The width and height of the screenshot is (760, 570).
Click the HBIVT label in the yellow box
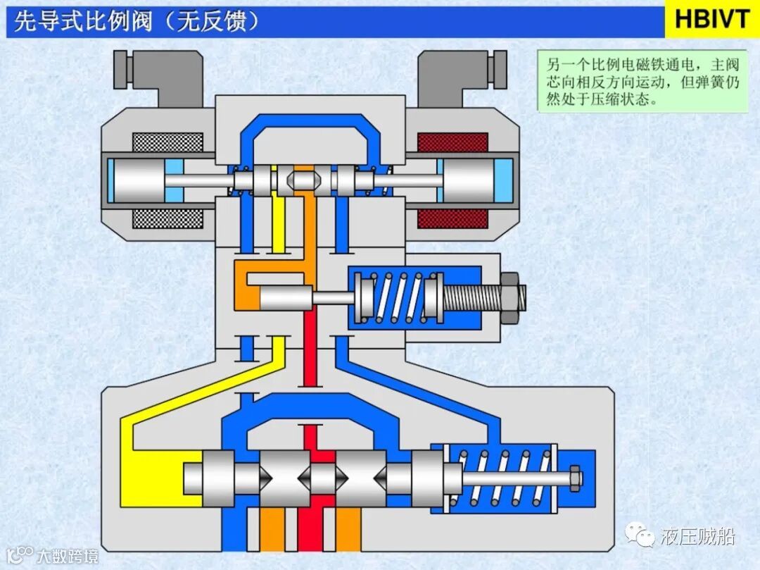coord(711,19)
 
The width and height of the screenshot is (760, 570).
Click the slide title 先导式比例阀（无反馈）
coord(137,21)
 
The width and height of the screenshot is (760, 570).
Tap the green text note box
coord(642,80)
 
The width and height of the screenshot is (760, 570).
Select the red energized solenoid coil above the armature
coord(452,143)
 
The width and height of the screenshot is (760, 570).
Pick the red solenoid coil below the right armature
coord(452,218)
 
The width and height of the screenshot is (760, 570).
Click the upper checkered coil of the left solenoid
coord(167,143)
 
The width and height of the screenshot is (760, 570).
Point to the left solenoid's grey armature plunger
coord(138,180)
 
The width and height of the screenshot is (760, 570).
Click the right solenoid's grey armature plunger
coord(466,180)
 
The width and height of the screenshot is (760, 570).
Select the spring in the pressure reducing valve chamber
coord(398,297)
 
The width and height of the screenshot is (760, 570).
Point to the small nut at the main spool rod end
coord(575,478)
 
